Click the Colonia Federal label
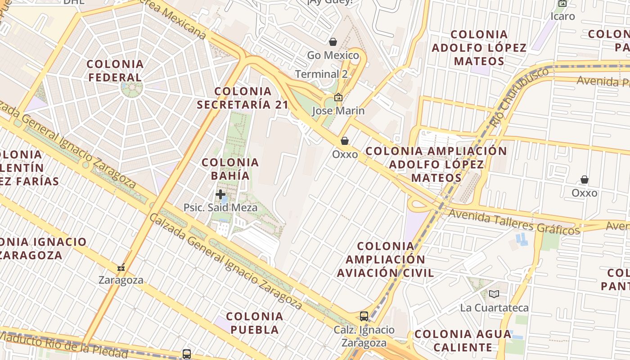115,71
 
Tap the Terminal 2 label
321,74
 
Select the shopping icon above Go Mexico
333,42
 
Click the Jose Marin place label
338,110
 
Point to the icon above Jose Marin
338,97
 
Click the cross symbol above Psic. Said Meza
220,194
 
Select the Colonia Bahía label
230,169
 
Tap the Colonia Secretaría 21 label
243,98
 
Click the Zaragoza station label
121,280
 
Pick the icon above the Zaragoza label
121,267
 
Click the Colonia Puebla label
255,323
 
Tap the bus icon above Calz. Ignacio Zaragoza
364,316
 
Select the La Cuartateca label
494,308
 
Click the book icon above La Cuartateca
494,294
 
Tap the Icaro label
563,16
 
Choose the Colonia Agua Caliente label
463,341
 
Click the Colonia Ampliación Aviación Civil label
386,259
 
